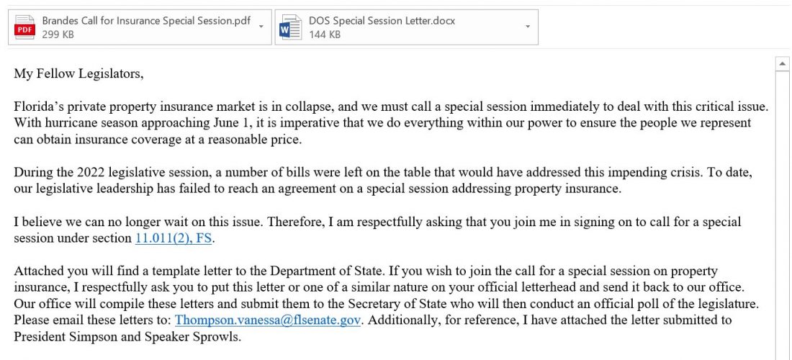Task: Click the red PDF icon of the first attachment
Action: click(26, 27)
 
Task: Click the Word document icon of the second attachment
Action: click(290, 27)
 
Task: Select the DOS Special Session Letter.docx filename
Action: click(382, 21)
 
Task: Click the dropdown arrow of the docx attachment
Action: click(528, 27)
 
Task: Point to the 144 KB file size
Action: click(325, 34)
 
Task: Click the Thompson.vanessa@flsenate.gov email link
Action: click(268, 320)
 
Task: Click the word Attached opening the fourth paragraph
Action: click(37, 271)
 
